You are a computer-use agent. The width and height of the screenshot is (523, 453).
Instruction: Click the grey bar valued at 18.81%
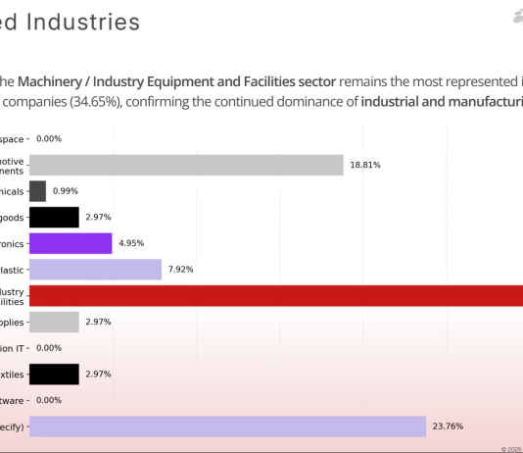(x=186, y=165)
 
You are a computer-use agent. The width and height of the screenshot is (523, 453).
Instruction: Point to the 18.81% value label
(x=365, y=166)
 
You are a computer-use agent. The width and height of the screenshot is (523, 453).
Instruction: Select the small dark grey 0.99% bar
(x=37, y=191)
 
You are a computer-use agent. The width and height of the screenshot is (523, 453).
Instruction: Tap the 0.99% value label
(x=66, y=191)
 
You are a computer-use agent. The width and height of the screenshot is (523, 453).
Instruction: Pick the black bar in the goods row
(x=54, y=217)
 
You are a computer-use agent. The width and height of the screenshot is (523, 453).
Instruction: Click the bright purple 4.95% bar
(x=71, y=243)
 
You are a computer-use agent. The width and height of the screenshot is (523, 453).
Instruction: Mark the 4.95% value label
(x=131, y=243)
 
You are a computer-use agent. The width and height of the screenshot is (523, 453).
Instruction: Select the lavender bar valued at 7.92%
(x=95, y=270)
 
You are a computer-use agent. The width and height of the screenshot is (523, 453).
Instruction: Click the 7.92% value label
(x=181, y=270)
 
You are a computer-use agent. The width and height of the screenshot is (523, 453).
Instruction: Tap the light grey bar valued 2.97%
(x=54, y=322)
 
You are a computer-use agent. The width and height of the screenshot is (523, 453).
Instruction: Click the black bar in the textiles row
(x=54, y=374)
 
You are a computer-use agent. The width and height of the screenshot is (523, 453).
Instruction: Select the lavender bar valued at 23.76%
(x=227, y=426)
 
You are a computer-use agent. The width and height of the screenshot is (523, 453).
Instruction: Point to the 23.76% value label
(x=447, y=426)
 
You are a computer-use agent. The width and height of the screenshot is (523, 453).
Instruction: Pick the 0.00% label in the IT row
(x=49, y=348)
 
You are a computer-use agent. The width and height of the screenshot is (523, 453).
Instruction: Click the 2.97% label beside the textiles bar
(x=99, y=374)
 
